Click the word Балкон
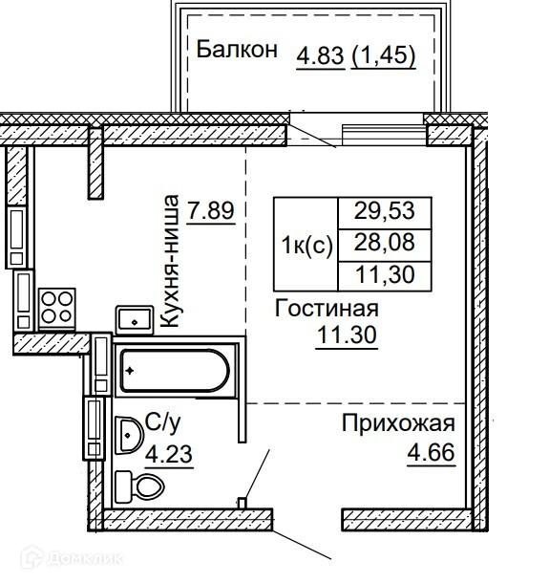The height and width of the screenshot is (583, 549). [237, 50]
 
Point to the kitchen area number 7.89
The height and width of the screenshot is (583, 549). [211, 211]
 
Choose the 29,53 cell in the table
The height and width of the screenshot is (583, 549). [385, 213]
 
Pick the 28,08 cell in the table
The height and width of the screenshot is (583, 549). [385, 245]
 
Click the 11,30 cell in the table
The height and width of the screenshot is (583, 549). [385, 276]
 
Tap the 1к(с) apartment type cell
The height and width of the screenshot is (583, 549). [306, 245]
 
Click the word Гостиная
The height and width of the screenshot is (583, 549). [327, 309]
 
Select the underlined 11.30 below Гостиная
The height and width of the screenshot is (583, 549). [347, 335]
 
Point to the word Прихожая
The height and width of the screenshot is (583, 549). [398, 423]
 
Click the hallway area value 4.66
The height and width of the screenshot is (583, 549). [431, 453]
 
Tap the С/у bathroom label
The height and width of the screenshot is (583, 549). [162, 423]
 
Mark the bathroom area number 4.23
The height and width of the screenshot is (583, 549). [169, 454]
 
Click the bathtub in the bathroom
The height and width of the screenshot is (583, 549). [175, 370]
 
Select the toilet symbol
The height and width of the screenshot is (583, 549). [139, 486]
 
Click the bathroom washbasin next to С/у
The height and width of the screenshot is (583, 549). [129, 436]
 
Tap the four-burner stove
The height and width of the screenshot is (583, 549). [57, 308]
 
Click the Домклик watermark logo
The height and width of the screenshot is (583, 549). [71, 558]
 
